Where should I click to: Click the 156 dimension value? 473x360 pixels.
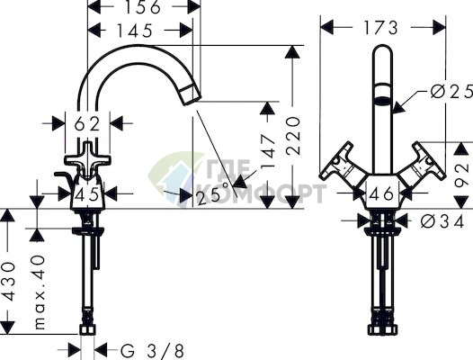point(143,6)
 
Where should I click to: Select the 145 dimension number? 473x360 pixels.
point(135,31)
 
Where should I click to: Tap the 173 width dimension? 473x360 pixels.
point(381,28)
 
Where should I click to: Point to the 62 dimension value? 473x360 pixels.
point(87,123)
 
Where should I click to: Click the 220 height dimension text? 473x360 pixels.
point(293,136)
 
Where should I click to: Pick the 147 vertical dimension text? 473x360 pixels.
point(268,151)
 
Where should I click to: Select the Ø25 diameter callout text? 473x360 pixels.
point(451,91)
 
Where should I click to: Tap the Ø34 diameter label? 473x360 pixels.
point(442,222)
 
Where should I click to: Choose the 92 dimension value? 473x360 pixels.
point(462,175)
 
